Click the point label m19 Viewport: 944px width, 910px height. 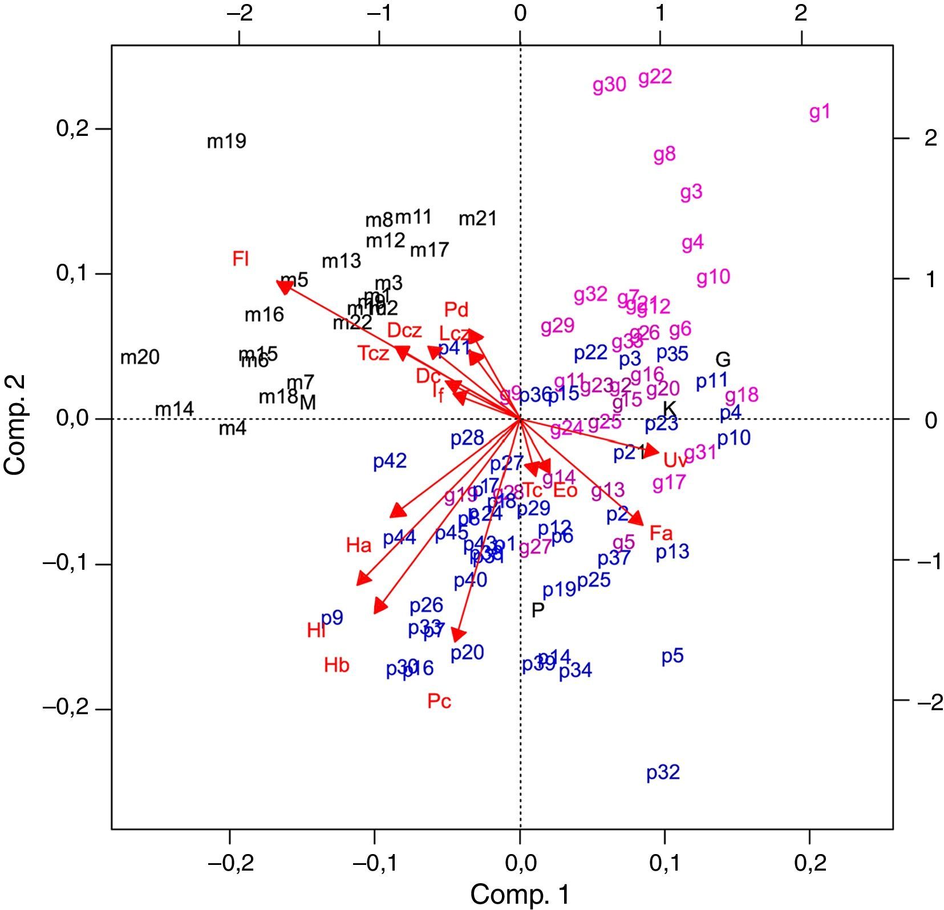coord(226,141)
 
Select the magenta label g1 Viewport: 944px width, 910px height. coord(820,113)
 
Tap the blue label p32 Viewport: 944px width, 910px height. coord(663,772)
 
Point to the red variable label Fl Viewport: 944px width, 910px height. coord(240,259)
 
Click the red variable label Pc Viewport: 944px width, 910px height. coord(439,700)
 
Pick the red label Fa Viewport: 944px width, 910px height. coord(661,534)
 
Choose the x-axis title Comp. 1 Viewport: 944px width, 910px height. coord(520,894)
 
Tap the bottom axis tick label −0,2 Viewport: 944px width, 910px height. coord(229,863)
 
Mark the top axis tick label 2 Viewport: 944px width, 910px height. coord(801,13)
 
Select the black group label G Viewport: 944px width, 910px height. coord(723,360)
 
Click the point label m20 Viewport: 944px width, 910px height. coord(140,358)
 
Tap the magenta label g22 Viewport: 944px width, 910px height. coord(655,77)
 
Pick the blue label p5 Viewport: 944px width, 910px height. coord(672,657)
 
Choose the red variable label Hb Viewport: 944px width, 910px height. coord(337,665)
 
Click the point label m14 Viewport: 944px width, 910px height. coord(175,409)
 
